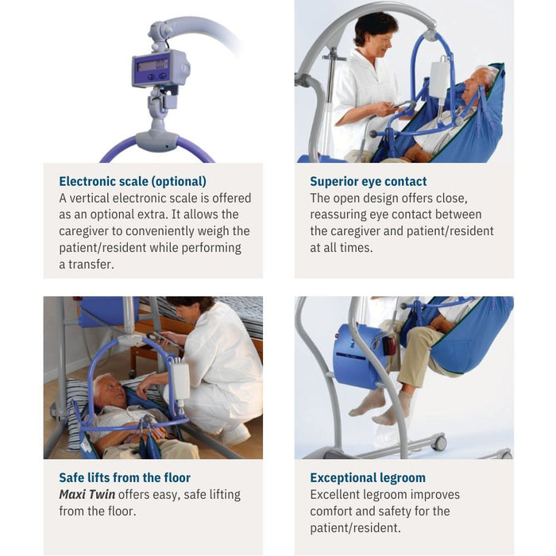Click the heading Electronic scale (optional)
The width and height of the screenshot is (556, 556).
[133, 181]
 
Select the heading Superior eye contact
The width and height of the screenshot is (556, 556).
[369, 181]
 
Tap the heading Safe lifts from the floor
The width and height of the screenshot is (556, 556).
[125, 477]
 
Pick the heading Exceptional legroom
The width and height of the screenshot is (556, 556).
[368, 477]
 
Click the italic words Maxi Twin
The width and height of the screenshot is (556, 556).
[86, 494]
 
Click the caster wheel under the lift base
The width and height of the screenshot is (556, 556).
[439, 443]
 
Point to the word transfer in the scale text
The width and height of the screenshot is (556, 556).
[93, 264]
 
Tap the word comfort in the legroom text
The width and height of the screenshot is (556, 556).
[334, 511]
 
